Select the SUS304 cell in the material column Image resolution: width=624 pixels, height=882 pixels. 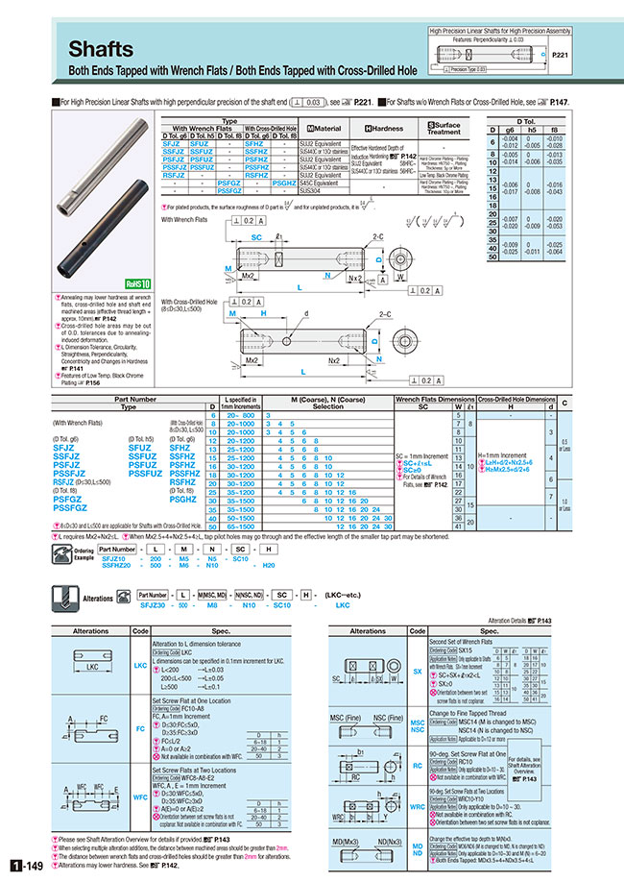pos(316,190)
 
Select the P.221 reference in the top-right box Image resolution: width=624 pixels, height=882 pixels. pos(561,57)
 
